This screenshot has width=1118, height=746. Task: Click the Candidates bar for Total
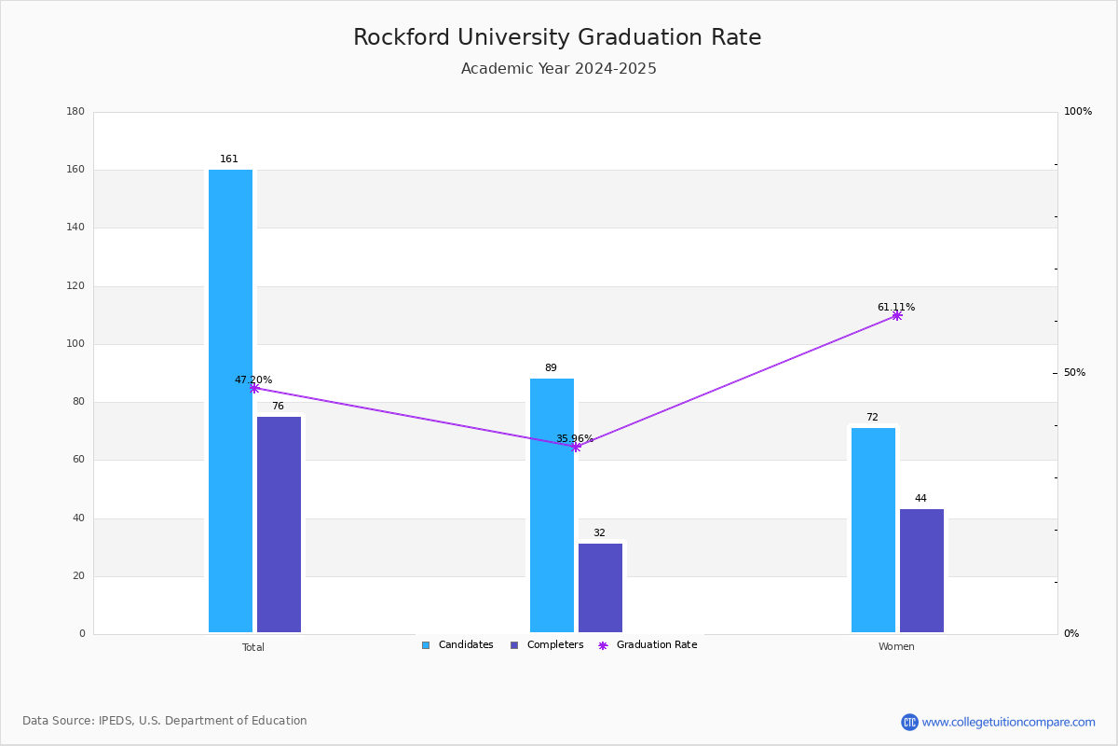pos(231,401)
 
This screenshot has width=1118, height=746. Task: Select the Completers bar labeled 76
pos(279,525)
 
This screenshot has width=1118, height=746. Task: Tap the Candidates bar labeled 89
pos(552,505)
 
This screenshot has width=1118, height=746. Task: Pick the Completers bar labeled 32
pos(600,588)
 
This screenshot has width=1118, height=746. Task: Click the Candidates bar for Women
pos(874,531)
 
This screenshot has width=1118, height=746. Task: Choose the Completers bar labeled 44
pos(921,571)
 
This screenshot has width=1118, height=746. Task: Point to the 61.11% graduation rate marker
pos(897,316)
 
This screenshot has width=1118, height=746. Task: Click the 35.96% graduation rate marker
pos(576,448)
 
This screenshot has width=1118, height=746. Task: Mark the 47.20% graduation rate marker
pos(254,388)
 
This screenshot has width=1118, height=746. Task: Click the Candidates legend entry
pos(457,645)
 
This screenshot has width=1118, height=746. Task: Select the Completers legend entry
pos(547,645)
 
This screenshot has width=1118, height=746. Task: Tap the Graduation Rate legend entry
pos(648,645)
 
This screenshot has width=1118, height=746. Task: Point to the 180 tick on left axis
pos(75,111)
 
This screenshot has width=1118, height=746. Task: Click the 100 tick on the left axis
pos(75,344)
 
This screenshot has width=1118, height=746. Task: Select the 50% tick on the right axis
pos(1074,372)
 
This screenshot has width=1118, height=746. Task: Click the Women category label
pos(896,646)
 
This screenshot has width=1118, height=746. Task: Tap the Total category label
pos(253,647)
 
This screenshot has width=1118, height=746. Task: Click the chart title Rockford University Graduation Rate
pos(557,37)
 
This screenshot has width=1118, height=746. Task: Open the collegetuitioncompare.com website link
pos(1008,722)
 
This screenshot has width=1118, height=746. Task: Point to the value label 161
pos(229,159)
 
